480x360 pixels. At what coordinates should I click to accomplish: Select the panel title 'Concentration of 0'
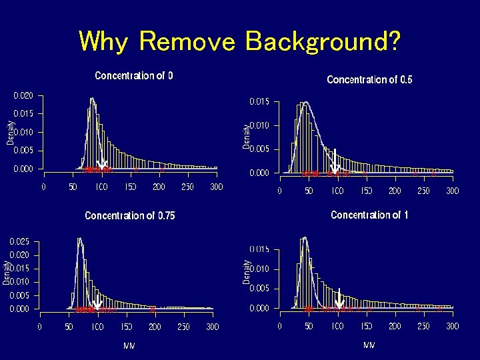click(x=134, y=75)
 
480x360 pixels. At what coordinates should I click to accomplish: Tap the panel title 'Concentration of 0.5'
click(x=369, y=79)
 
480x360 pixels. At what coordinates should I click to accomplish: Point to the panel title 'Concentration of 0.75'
click(x=130, y=215)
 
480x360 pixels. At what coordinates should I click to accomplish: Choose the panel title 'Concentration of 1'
click(x=369, y=215)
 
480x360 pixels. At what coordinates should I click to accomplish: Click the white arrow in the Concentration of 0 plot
click(x=102, y=163)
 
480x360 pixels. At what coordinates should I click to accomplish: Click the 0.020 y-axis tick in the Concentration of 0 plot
click(x=24, y=95)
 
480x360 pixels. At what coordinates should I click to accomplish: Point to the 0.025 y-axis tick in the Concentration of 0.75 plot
click(x=19, y=241)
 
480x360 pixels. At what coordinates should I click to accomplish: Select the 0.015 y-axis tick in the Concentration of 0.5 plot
click(x=259, y=102)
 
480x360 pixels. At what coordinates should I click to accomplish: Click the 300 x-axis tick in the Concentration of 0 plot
click(x=216, y=187)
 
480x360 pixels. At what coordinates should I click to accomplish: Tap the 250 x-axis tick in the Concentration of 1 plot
click(x=423, y=326)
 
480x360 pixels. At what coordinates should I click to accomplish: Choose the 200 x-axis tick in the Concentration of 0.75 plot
click(x=155, y=327)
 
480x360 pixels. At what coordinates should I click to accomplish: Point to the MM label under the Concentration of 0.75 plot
click(x=129, y=345)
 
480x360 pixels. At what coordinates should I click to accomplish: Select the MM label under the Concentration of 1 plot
click(x=369, y=345)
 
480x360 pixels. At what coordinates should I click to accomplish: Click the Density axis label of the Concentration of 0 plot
click(x=10, y=132)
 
